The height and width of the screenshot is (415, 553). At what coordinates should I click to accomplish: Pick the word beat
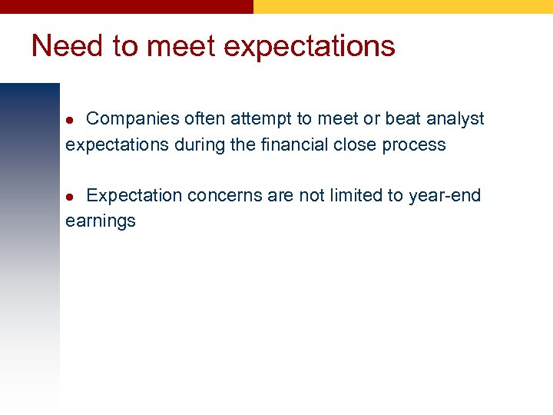402,119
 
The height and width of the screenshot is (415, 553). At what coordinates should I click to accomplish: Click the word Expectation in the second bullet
134,196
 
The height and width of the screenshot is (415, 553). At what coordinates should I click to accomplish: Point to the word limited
356,195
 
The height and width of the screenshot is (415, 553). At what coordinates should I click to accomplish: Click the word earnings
101,222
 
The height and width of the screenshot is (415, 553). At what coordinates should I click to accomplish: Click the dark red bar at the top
126,6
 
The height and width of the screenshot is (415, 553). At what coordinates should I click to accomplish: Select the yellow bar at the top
402,6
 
